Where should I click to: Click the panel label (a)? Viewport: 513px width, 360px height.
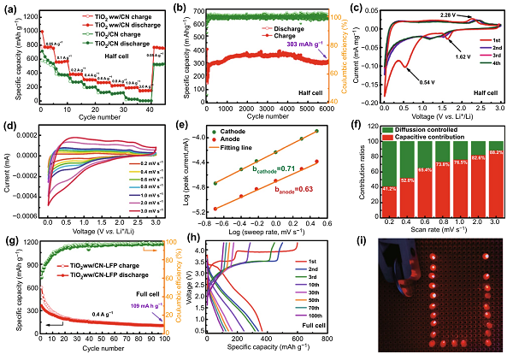(11, 7)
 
